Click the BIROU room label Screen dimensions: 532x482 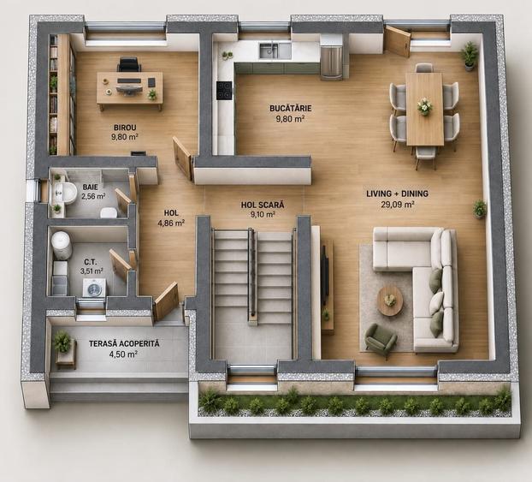125,128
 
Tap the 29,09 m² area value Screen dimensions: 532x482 398,204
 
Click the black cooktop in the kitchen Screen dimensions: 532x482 224,91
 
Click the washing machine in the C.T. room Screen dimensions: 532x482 95,288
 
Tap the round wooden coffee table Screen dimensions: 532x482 390,301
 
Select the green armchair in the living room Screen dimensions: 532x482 381,338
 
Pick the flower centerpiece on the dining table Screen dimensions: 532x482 425,106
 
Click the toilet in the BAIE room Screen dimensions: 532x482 109,211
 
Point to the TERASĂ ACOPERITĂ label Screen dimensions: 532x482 124,343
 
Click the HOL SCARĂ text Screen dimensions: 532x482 263,205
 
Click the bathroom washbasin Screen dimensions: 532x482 64,193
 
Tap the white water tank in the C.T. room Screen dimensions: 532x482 62,245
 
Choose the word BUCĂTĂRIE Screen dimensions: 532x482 291,109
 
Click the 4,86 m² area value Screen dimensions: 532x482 171,223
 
